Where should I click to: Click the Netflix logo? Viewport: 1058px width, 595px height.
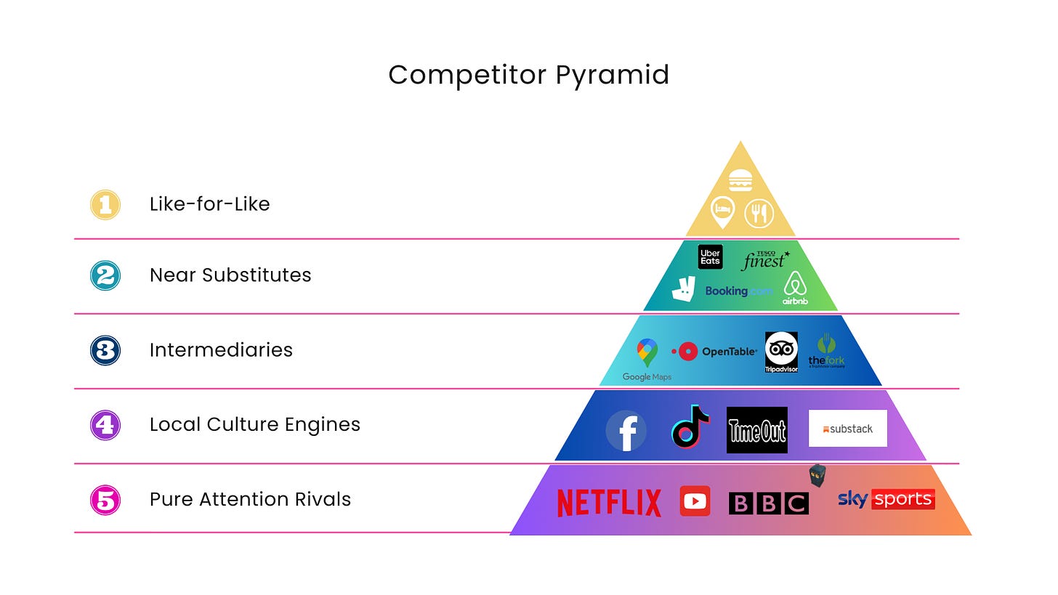click(x=609, y=503)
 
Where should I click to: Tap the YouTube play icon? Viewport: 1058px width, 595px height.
click(x=695, y=501)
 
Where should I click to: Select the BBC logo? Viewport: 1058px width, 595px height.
click(x=768, y=503)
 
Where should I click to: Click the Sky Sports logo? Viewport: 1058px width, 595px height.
click(x=886, y=499)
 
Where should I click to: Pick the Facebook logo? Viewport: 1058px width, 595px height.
click(x=626, y=431)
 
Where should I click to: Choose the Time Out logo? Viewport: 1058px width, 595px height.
click(x=757, y=430)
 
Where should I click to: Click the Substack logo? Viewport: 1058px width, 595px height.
click(x=847, y=429)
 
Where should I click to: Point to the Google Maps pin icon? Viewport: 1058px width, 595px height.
click(x=647, y=353)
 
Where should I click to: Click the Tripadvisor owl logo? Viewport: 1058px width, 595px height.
click(x=781, y=351)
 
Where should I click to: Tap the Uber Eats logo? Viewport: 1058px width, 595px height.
click(x=710, y=257)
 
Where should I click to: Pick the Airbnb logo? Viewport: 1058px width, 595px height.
click(x=796, y=288)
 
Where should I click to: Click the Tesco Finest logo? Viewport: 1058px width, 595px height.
click(x=765, y=259)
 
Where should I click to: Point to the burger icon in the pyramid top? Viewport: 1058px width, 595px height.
click(x=740, y=180)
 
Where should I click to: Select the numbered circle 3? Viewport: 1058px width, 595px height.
click(x=105, y=350)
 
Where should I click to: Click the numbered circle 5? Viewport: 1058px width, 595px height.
click(x=105, y=500)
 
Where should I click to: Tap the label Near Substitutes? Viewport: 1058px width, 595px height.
click(x=230, y=275)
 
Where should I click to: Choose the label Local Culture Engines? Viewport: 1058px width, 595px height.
click(x=254, y=425)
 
